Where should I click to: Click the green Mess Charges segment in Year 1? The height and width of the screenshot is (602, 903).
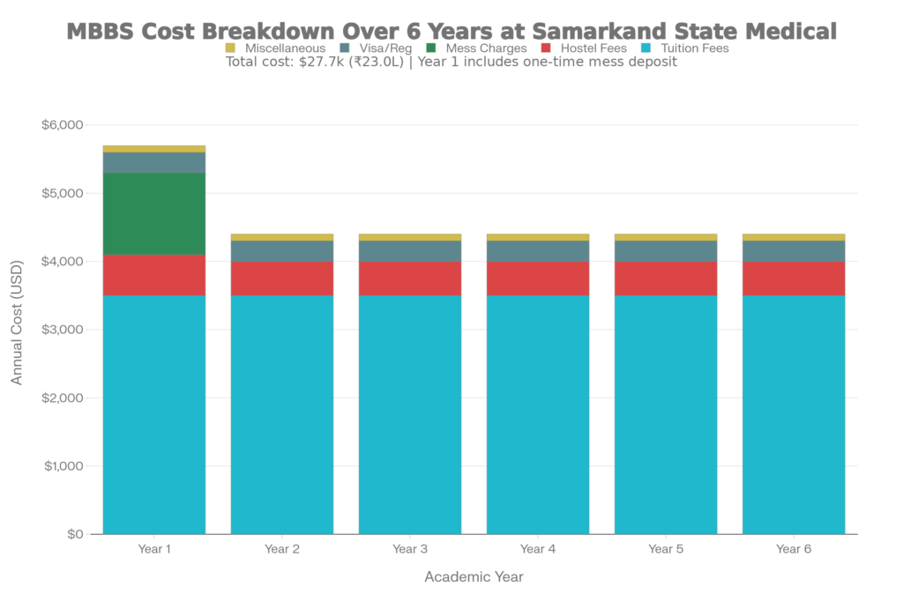(x=154, y=213)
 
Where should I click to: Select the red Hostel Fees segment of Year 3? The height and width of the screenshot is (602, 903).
(x=410, y=279)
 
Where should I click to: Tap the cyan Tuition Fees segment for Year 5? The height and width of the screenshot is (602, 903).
(x=666, y=414)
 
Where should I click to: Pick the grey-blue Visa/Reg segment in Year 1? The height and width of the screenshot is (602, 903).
(x=154, y=162)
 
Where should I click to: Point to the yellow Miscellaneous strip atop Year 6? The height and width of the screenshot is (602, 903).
(x=794, y=236)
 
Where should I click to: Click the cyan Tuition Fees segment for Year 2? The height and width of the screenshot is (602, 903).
(x=282, y=414)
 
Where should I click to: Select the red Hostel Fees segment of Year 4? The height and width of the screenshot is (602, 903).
(x=538, y=279)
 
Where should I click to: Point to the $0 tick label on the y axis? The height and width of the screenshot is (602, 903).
(x=74, y=534)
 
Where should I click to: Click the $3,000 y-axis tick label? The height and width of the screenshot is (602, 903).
(x=63, y=330)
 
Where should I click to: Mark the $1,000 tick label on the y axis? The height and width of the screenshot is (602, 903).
(x=63, y=465)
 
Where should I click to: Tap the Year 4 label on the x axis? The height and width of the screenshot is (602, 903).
(x=538, y=549)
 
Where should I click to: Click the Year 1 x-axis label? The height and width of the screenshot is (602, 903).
(x=154, y=549)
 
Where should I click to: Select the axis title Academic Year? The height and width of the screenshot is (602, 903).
(x=474, y=577)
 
